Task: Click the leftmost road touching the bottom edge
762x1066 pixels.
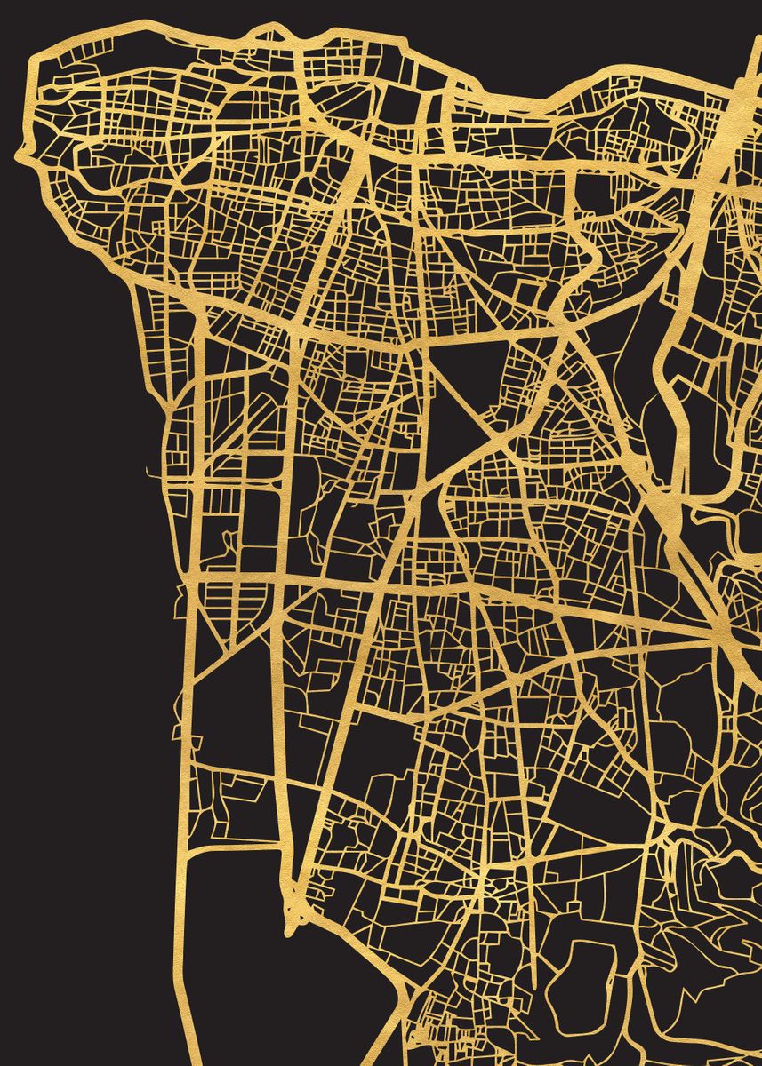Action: coord(190,1057)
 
